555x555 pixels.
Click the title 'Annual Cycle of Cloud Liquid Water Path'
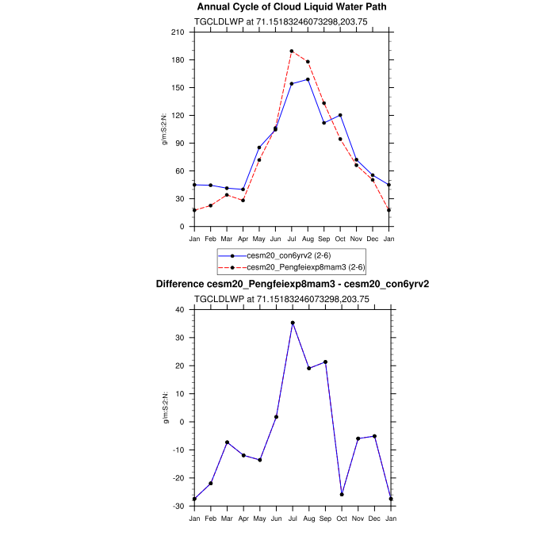(x=293, y=7)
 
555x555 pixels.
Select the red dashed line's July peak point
(x=292, y=51)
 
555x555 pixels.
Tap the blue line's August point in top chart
(x=308, y=79)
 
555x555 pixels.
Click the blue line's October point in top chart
(x=340, y=115)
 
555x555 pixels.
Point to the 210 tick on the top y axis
(x=178, y=33)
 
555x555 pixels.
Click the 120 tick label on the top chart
(x=178, y=116)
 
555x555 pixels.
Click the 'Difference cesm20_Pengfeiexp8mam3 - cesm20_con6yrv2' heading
(x=293, y=284)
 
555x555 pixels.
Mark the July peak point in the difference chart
(x=292, y=323)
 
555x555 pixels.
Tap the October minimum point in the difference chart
(x=341, y=494)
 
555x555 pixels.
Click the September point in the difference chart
(x=324, y=362)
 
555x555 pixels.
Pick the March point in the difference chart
(x=227, y=442)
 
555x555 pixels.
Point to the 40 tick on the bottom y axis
(x=180, y=310)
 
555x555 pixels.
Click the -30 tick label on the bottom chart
(x=178, y=506)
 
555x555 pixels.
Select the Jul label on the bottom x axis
(x=292, y=518)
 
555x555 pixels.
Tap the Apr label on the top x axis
(x=243, y=239)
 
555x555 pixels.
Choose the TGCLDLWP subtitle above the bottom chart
(x=293, y=299)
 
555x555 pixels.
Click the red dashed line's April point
(x=243, y=200)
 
